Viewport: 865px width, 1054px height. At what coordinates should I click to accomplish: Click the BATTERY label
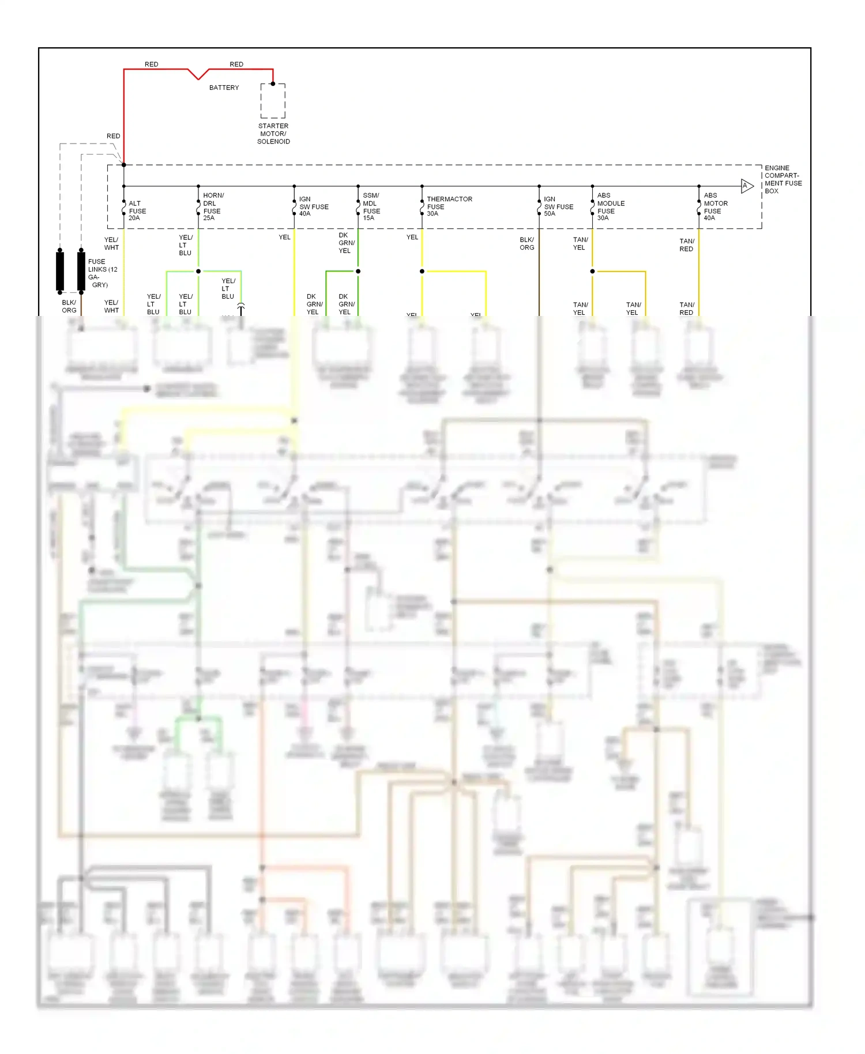pos(224,88)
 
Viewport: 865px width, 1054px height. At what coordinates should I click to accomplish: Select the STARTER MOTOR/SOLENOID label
pos(273,134)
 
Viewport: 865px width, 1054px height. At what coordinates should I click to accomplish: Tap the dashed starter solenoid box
pos(273,101)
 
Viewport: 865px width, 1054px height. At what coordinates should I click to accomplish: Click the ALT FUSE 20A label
pos(137,211)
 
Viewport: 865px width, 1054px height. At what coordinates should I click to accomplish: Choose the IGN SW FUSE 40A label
pos(313,206)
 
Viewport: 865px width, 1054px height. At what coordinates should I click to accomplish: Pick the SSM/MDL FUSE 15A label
pos(371,207)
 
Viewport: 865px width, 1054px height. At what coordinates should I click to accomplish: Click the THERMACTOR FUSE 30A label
pos(449,206)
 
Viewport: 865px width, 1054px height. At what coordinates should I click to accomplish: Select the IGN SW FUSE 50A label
pos(558,206)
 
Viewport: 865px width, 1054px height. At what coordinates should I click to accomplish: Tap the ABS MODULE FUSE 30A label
pos(610,207)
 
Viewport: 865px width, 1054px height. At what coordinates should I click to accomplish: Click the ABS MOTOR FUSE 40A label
pos(715,207)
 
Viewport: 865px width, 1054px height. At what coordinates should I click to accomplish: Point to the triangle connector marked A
pos(747,186)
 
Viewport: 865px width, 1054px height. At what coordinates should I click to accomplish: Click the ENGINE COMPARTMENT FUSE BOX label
pos(783,179)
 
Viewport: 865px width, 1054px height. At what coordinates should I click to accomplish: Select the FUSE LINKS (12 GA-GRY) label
pos(102,273)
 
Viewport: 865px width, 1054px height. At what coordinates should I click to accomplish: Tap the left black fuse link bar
pos(60,270)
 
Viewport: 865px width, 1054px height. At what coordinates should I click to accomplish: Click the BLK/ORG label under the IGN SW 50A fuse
pos(526,244)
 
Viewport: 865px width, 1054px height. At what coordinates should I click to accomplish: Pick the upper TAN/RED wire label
pos(686,245)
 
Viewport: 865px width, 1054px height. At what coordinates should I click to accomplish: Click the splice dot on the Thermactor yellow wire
pos(422,271)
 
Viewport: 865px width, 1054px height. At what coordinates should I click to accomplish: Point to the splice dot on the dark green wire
pos(358,271)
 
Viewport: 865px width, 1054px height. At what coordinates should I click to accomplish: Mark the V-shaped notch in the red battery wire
pos(198,75)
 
